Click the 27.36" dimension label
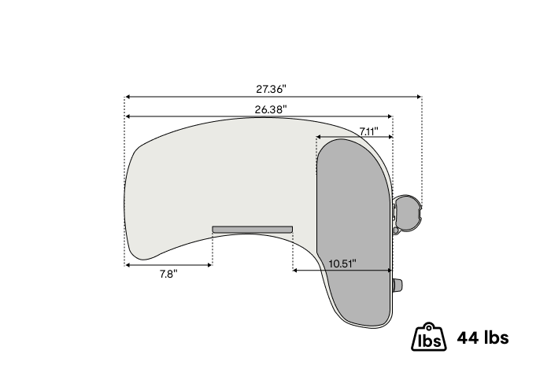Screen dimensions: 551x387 pos(271,89)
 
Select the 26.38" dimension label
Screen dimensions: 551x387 pos(271,109)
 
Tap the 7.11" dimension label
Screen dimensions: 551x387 pos(368,131)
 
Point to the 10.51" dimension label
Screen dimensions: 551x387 pos(342,264)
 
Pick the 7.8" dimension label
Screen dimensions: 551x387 pos(168,274)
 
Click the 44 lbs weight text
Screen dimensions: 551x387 pos(483,337)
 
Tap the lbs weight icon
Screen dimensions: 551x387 pos(429,337)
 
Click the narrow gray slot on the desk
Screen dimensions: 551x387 pos(253,230)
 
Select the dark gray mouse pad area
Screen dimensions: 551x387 pos(354,232)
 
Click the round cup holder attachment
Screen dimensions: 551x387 pos(407,213)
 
